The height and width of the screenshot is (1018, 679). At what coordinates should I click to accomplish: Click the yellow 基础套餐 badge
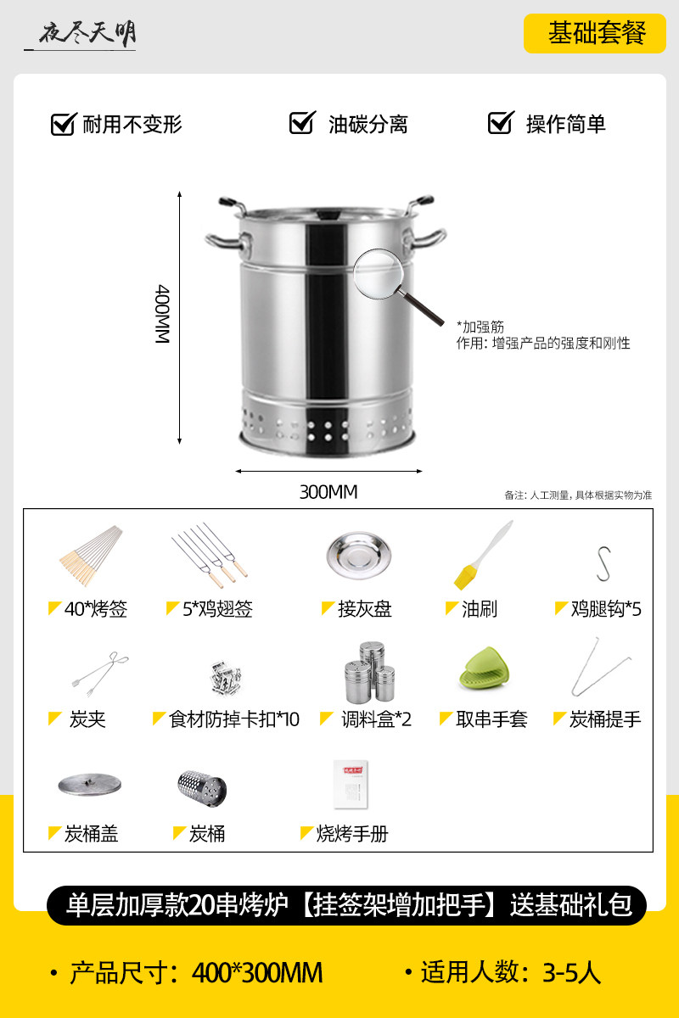595,34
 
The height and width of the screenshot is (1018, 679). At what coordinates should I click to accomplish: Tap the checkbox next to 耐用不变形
64,124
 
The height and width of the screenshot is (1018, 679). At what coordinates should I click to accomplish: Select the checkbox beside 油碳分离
302,123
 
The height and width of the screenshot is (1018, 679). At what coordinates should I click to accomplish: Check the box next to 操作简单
501,123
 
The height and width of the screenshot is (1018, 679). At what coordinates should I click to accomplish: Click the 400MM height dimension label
162,314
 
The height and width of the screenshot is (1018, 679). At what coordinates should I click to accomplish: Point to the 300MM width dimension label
328,492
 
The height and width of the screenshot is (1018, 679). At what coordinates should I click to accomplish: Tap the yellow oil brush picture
483,556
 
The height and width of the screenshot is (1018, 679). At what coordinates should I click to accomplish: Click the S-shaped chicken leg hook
603,563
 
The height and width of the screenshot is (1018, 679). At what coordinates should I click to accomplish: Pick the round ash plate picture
359,556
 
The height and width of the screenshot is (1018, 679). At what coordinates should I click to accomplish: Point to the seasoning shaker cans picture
370,672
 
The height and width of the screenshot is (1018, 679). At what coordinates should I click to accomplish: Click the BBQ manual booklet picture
351,785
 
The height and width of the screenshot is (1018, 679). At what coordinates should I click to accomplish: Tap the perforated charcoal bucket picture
202,788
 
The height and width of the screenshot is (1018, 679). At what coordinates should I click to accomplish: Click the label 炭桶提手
605,719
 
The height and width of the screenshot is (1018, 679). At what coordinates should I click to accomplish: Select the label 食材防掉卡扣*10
233,719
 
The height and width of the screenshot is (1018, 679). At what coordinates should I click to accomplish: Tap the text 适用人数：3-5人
511,973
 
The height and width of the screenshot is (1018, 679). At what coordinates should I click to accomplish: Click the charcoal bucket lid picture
90,785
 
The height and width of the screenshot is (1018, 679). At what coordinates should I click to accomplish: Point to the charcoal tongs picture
100,674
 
